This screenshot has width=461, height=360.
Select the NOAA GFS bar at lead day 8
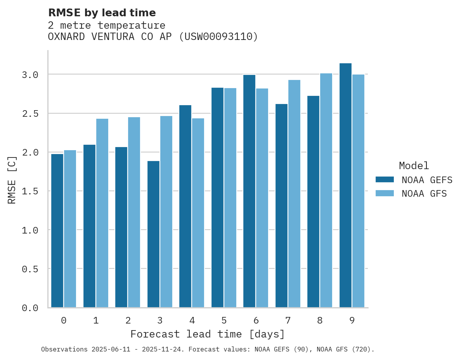(x=326, y=190)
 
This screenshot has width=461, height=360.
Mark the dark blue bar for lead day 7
(x=281, y=206)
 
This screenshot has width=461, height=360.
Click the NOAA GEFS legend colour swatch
(x=385, y=180)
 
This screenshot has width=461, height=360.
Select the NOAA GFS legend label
(x=424, y=194)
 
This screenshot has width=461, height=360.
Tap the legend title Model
(x=414, y=166)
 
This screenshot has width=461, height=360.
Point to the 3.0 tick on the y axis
(x=30, y=75)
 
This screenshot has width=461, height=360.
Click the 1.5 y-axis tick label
(x=30, y=191)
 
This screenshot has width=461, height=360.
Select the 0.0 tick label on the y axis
(x=30, y=308)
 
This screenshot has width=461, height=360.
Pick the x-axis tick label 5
(x=224, y=320)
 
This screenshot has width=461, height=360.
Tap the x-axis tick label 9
(x=352, y=320)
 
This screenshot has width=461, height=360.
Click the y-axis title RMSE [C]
(x=12, y=179)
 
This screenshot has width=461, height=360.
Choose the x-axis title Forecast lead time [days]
(x=208, y=334)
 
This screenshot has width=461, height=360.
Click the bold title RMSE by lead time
(x=102, y=13)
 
